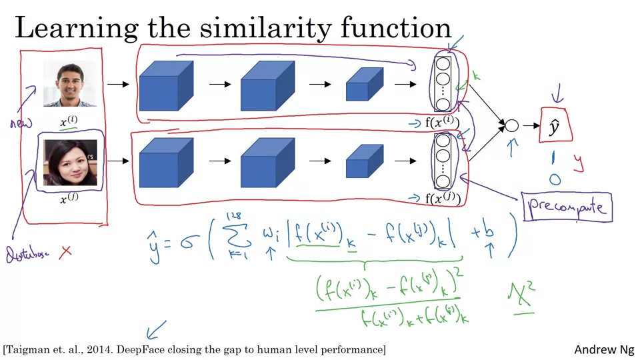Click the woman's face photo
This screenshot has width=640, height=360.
click(x=70, y=163)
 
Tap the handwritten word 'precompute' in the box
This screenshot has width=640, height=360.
click(x=567, y=207)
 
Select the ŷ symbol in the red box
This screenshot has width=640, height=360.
click(x=553, y=127)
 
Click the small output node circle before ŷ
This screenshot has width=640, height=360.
click(x=511, y=125)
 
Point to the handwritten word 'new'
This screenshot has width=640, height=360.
click(x=21, y=123)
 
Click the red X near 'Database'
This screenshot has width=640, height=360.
click(x=65, y=251)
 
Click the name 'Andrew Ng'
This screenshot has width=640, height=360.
click(x=604, y=349)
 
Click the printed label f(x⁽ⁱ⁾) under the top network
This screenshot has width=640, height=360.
click(x=442, y=123)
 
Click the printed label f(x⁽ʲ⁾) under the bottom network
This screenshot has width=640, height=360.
click(x=442, y=198)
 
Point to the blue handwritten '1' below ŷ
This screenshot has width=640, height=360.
click(x=553, y=158)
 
